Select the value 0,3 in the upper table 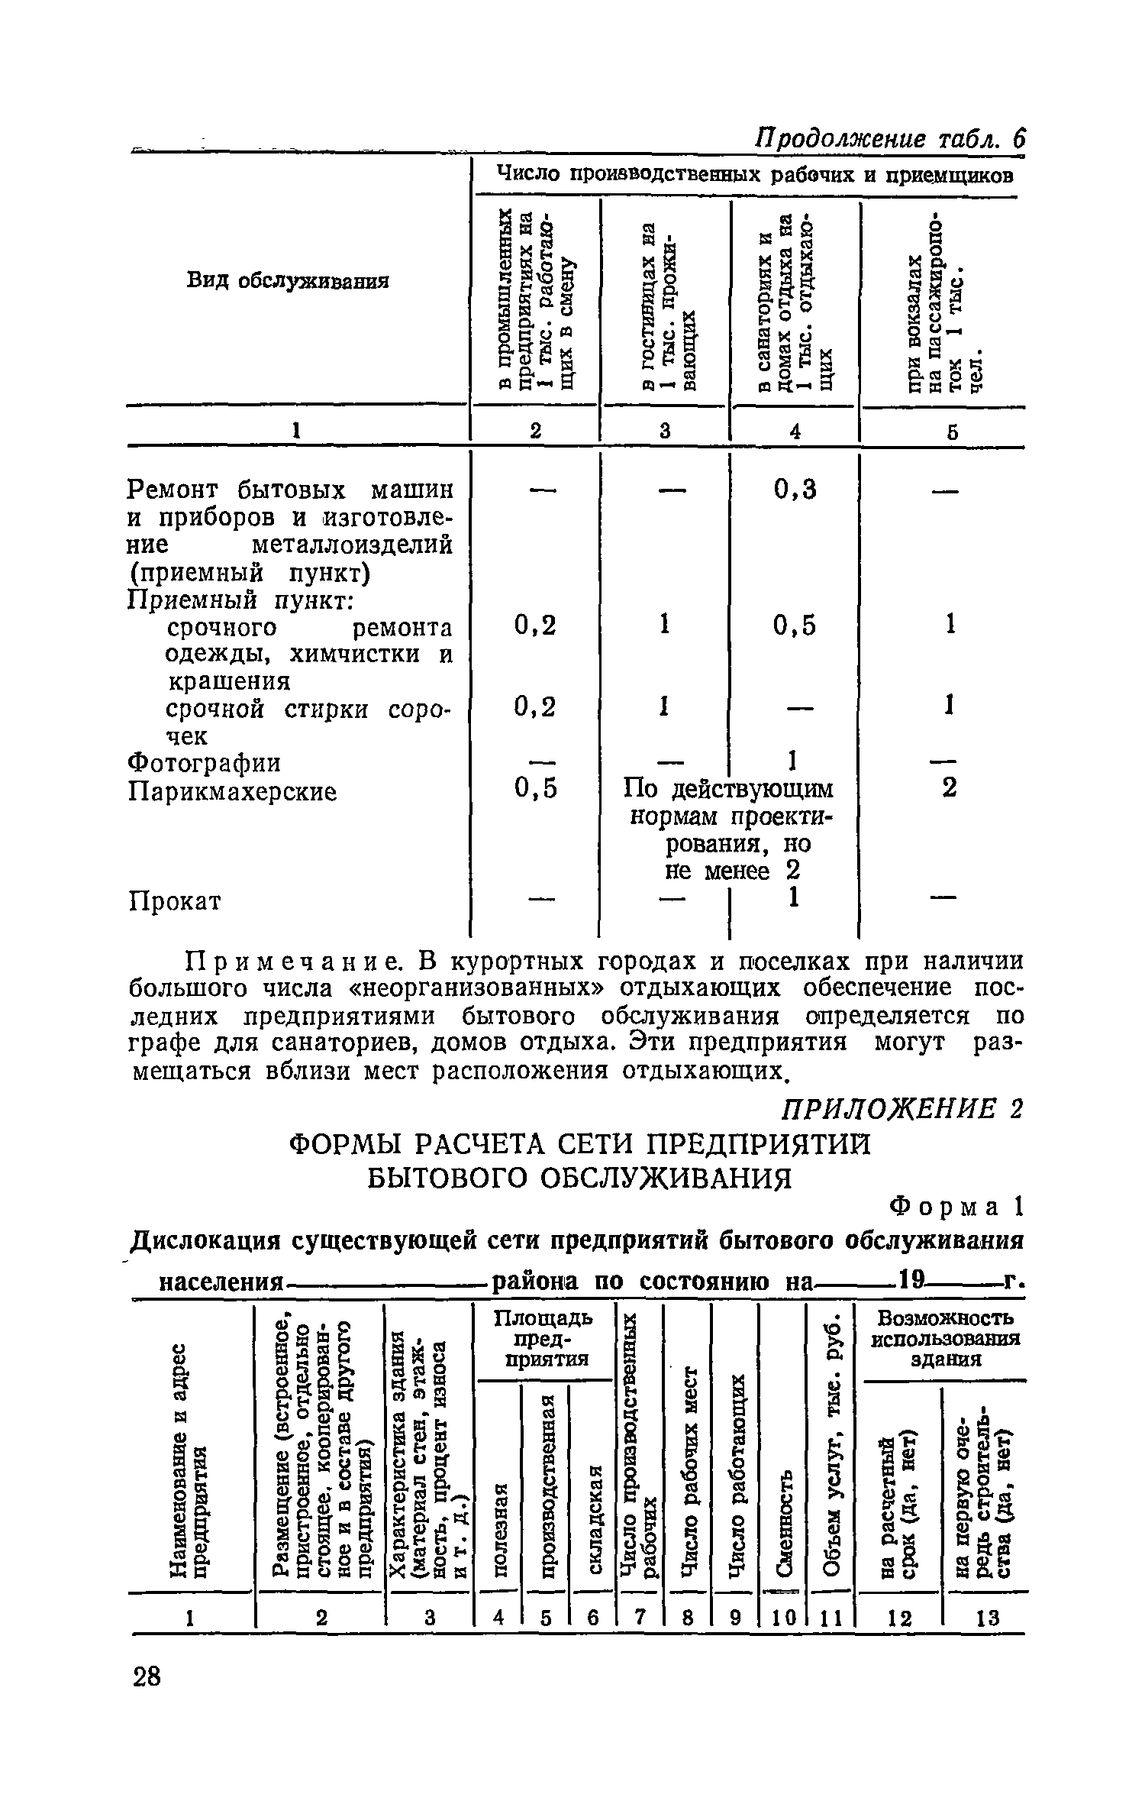[795, 489]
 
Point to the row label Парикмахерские [232, 791]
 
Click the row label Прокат [175, 901]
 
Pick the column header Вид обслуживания [288, 281]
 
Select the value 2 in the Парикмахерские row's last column [948, 788]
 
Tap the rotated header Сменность [783, 1521]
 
